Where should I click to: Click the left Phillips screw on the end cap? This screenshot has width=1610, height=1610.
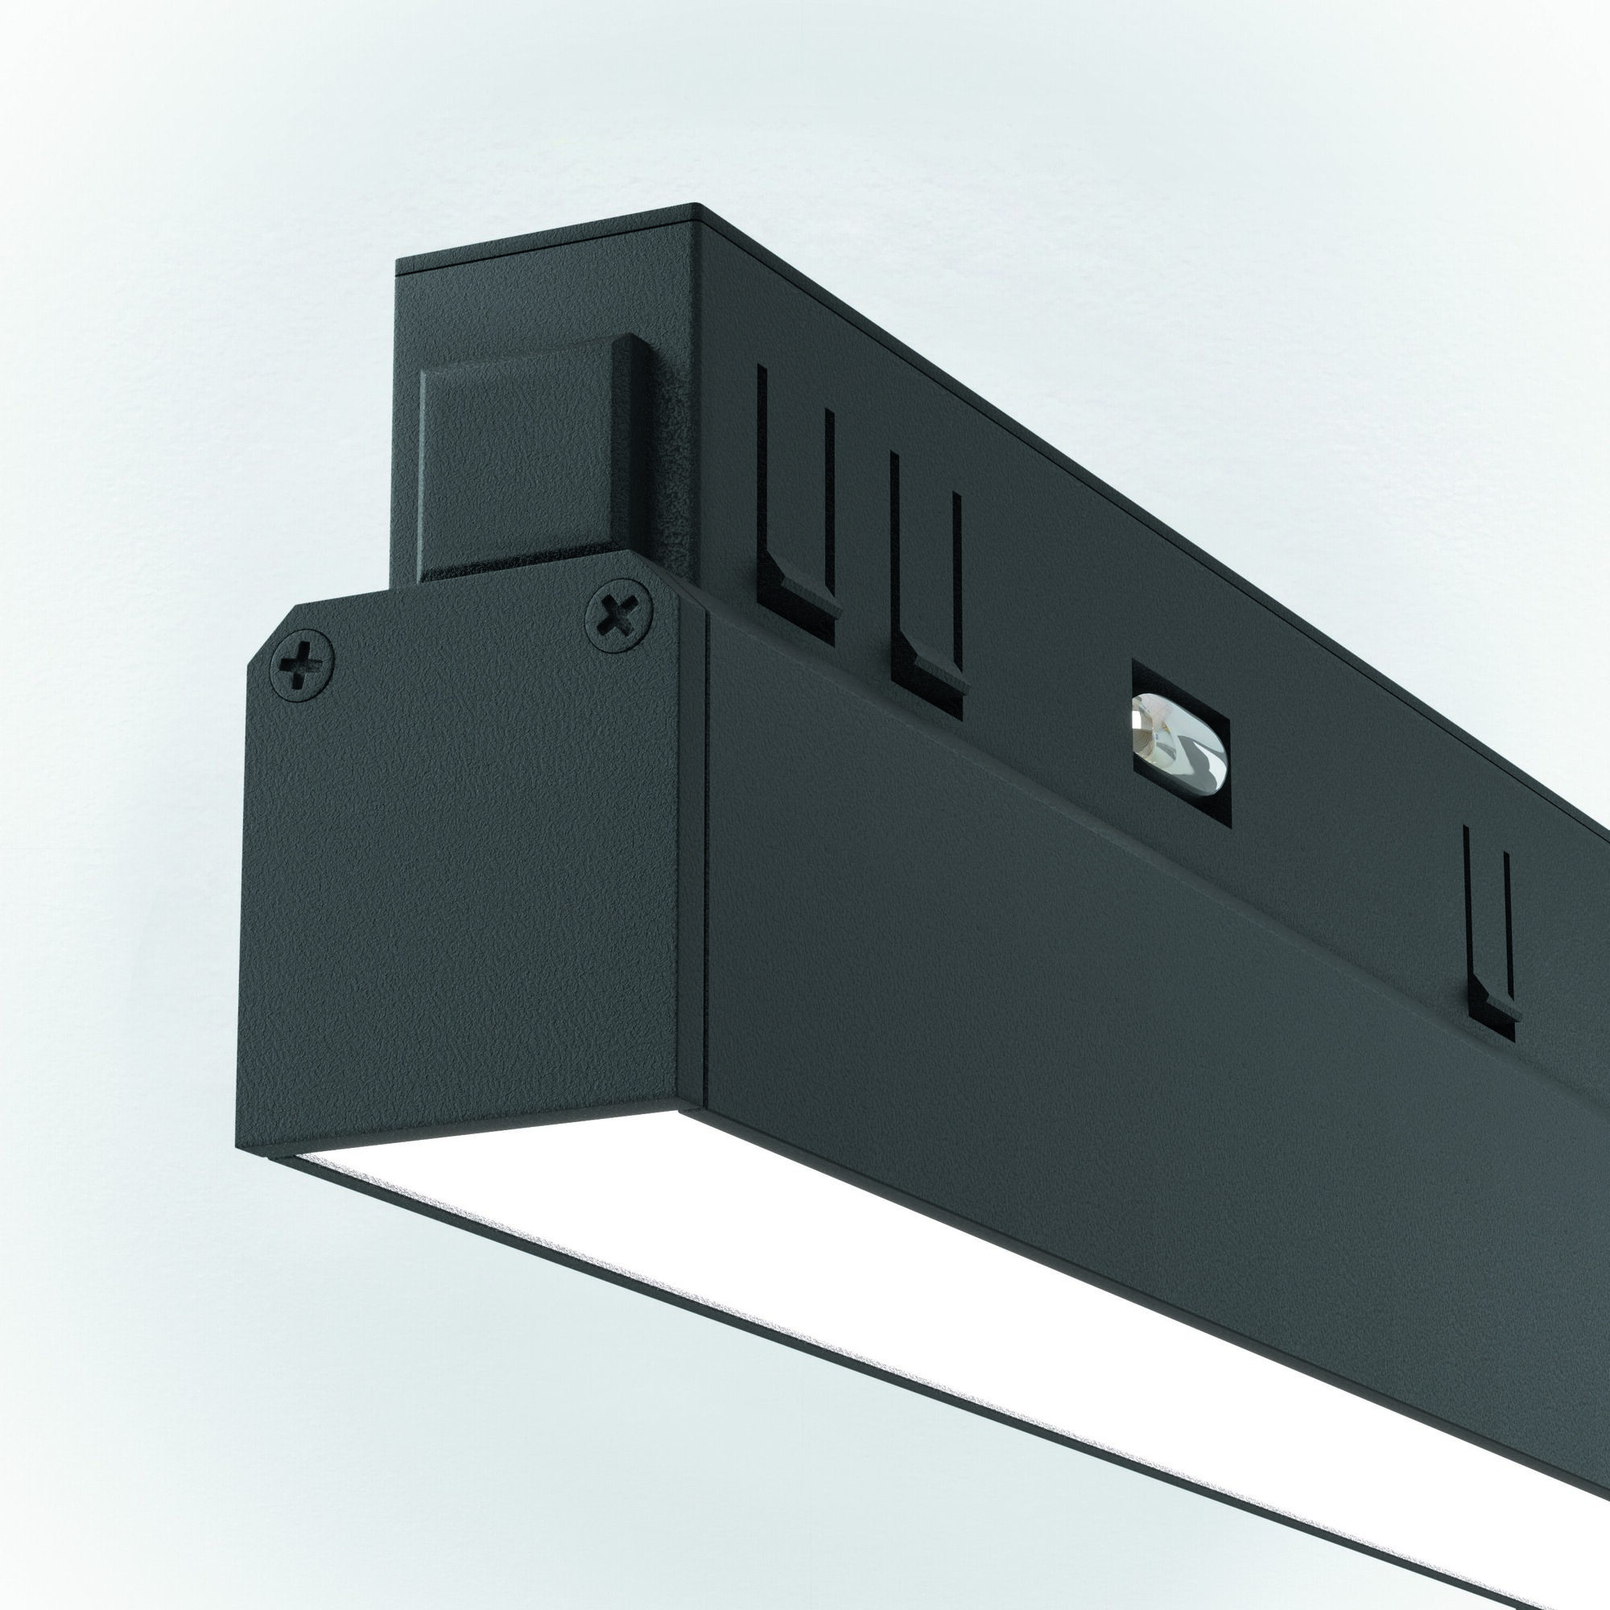302,663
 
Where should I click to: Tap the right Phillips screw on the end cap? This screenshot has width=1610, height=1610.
618,617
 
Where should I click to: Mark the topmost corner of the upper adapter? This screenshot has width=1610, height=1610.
696,206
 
